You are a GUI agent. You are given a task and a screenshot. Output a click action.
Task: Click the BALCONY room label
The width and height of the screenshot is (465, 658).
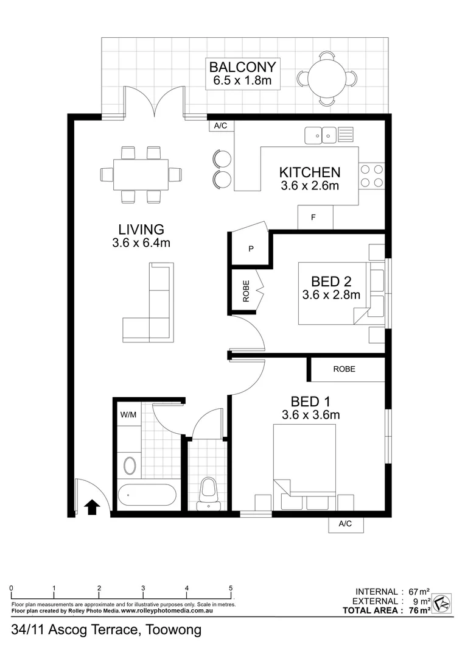pyautogui.click(x=242, y=66)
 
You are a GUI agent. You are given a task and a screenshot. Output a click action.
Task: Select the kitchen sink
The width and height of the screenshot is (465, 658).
pyautogui.click(x=321, y=134)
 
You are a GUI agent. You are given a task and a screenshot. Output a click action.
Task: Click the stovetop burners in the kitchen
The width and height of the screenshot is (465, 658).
pyautogui.click(x=371, y=175)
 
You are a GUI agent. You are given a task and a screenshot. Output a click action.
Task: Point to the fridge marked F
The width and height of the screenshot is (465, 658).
pyautogui.click(x=315, y=218)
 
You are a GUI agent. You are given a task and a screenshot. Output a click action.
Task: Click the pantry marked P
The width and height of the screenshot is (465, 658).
pyautogui.click(x=251, y=249)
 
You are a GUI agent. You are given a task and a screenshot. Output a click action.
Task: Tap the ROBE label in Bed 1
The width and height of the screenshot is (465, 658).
pyautogui.click(x=344, y=369)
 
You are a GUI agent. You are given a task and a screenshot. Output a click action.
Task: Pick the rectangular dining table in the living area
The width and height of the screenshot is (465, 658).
pyautogui.click(x=141, y=174)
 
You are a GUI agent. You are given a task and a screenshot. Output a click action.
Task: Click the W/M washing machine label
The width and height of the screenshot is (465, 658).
pyautogui.click(x=128, y=414)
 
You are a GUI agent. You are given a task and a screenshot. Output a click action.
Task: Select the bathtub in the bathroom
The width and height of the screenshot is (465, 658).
pyautogui.click(x=148, y=494)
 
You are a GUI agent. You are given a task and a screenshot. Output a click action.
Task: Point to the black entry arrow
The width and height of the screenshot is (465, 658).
pyautogui.click(x=92, y=506)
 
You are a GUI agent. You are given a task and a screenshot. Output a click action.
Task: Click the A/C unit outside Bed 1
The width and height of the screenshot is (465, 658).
pyautogui.click(x=345, y=523)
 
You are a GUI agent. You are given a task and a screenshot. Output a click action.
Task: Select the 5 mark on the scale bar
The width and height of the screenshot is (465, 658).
pyautogui.click(x=231, y=588)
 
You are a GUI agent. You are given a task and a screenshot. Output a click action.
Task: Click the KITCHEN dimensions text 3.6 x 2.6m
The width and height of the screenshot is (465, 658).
pyautogui.click(x=310, y=186)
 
